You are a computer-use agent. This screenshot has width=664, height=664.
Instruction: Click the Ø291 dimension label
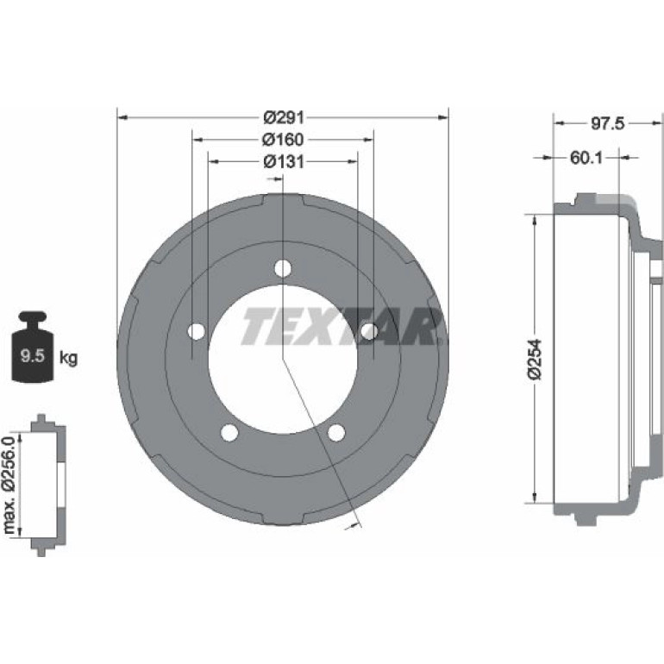[x=284, y=117]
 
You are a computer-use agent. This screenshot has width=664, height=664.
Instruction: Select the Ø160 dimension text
[x=283, y=140]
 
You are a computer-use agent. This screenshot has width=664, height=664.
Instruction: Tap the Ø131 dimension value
[x=284, y=161]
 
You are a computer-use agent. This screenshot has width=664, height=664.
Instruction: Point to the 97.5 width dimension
[x=607, y=123]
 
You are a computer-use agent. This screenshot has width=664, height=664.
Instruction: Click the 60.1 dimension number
[x=586, y=158]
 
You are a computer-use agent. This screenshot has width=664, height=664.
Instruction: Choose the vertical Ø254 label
[x=536, y=359]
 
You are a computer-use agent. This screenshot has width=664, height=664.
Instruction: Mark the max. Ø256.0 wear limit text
[x=9, y=484]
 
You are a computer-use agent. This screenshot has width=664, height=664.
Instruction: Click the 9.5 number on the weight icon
[x=33, y=355]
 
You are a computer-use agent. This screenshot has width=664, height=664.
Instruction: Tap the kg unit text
[x=68, y=358]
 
